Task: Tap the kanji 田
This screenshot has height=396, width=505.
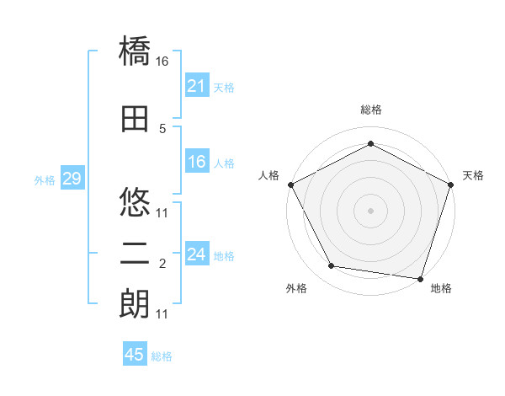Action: click(x=136, y=120)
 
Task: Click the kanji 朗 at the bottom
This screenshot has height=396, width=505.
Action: click(x=136, y=304)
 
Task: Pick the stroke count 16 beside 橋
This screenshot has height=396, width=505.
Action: click(x=162, y=62)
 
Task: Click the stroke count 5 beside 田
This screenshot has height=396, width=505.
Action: click(x=162, y=128)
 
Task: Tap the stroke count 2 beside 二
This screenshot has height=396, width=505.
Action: click(x=162, y=264)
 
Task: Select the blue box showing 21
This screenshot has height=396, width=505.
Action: click(x=196, y=86)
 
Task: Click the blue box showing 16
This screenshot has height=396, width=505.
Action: click(x=196, y=163)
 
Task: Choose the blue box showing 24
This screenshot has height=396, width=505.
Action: click(x=196, y=254)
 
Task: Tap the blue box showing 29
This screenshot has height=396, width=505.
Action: click(x=72, y=179)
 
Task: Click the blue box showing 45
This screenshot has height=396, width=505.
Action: click(x=135, y=355)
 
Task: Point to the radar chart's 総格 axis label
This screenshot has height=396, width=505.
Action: click(x=370, y=110)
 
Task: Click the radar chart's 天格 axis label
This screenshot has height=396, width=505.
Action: click(x=473, y=175)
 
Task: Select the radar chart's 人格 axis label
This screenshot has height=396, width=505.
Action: click(x=269, y=175)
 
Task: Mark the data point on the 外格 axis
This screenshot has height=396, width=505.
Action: click(x=332, y=266)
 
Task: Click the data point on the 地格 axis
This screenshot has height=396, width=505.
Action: click(x=421, y=278)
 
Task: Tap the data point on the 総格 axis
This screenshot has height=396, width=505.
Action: click(x=370, y=144)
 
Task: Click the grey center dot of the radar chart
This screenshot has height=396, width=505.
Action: click(x=370, y=210)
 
